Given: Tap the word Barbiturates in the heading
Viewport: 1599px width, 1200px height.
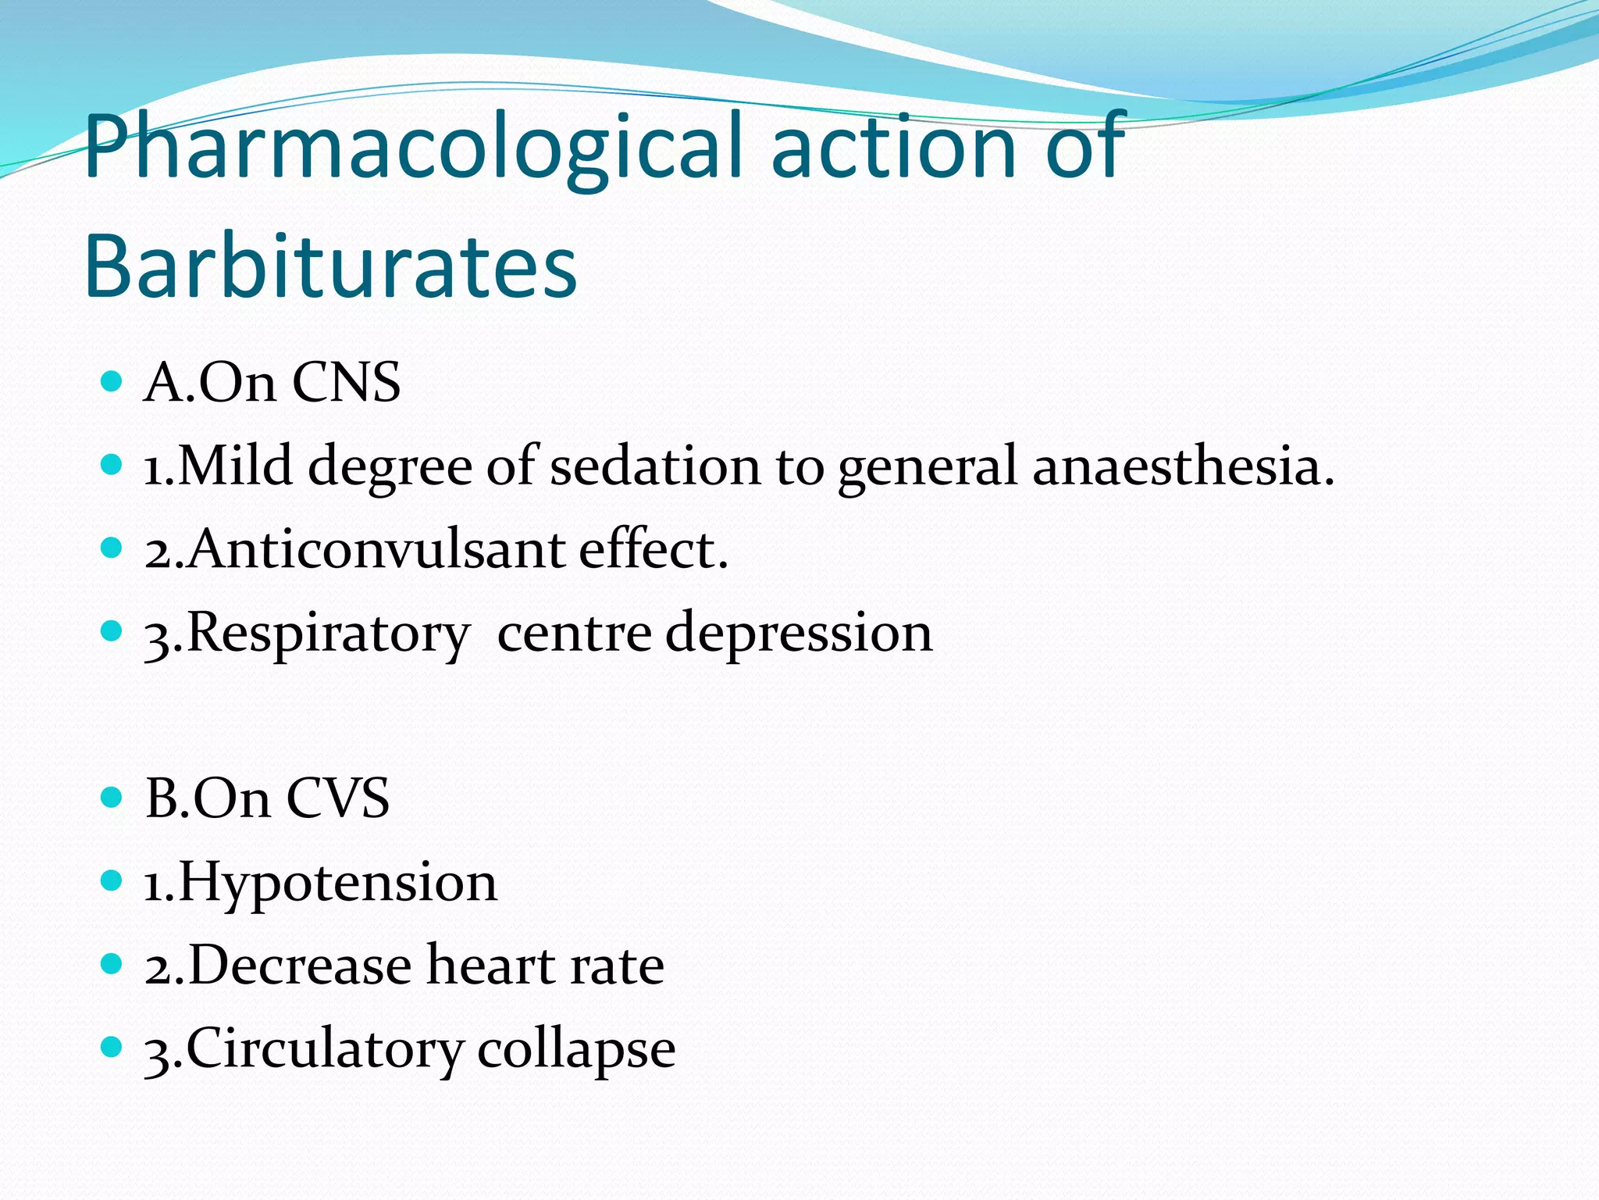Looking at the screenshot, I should coord(330,266).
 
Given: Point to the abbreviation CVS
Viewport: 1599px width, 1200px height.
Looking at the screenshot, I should coord(337,798).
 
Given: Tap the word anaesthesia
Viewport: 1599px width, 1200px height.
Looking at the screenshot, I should coord(1183,466).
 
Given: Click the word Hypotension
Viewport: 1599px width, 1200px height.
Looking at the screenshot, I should coord(337,883).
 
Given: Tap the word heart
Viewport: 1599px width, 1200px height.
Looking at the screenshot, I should coord(490,966).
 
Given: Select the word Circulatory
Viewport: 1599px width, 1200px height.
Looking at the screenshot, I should coord(324,1049).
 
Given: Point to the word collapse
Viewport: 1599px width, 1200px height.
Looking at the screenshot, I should coord(576,1049).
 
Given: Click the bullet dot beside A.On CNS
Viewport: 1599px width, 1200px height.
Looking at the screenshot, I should coord(112,382).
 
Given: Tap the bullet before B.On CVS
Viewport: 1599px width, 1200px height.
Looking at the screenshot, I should coord(112,798).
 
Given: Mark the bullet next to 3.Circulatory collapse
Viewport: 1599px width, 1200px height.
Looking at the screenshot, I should coord(112,1047).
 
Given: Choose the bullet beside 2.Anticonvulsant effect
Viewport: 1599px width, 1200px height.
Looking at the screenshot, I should coord(112,548).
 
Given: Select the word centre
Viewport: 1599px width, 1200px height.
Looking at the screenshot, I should coord(574,633).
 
